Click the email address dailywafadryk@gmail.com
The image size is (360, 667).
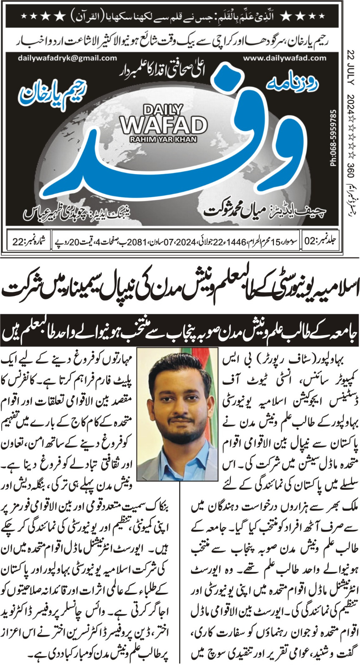pyautogui.click(x=68, y=58)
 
